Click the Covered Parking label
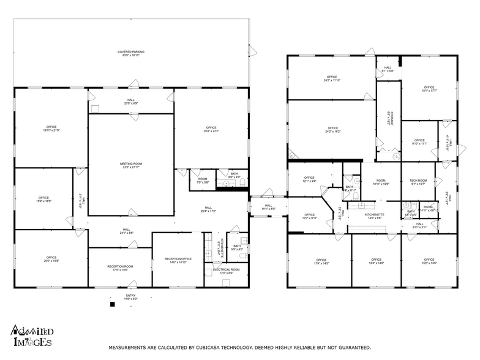point(131,53)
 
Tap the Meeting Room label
point(131,165)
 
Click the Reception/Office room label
point(178,260)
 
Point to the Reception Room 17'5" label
point(120,268)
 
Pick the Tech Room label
point(418,181)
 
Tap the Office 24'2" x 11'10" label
point(332,78)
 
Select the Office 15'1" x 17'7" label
point(429,89)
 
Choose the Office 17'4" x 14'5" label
point(318,261)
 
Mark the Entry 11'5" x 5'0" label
point(131,297)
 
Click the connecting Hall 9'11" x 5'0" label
point(268,207)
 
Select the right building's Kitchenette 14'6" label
point(374,216)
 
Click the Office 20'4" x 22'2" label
point(211,129)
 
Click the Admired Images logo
point(31,336)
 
